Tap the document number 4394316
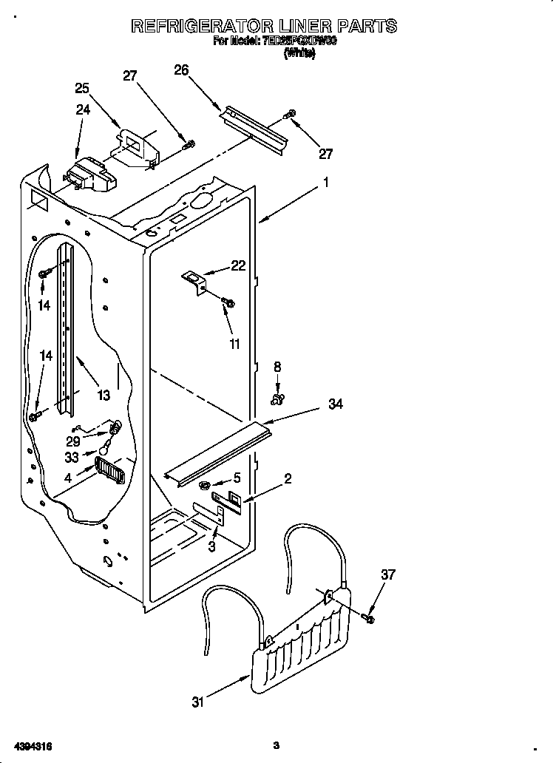point(32,745)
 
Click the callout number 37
point(388,574)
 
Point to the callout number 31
point(198,702)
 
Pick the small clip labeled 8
point(278,400)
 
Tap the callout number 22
point(237,266)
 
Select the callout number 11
point(234,344)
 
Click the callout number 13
point(103,396)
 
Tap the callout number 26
point(181,70)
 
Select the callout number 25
point(82,88)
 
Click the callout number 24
point(82,111)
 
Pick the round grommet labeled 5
point(202,485)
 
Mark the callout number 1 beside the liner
point(325,183)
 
